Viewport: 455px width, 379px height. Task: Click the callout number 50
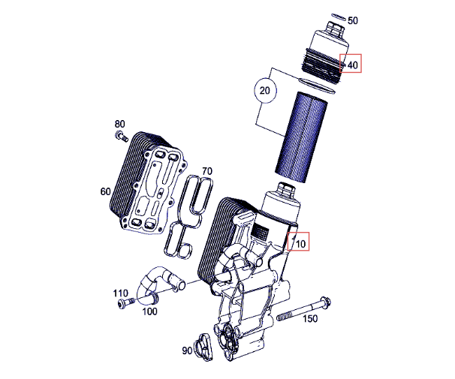point(353,20)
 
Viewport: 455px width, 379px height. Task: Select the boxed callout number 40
point(353,65)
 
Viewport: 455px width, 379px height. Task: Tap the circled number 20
point(264,91)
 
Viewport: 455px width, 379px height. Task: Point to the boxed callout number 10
point(300,244)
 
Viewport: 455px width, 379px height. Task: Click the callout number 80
point(119,124)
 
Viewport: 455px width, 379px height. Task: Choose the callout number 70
point(207,171)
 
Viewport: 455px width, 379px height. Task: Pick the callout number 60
point(106,191)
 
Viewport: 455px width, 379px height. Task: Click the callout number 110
point(120,293)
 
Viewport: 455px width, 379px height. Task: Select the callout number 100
point(149,311)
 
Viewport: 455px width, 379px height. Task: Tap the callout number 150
point(310,319)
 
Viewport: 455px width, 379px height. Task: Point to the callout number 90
point(187,350)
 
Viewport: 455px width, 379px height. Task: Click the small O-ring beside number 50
point(338,17)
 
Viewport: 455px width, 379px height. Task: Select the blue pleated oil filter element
point(301,137)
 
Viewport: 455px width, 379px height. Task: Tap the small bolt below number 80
point(122,136)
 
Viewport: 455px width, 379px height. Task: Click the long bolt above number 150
point(304,308)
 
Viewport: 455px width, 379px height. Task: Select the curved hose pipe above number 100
point(159,285)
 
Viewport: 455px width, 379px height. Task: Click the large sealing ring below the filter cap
point(317,86)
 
